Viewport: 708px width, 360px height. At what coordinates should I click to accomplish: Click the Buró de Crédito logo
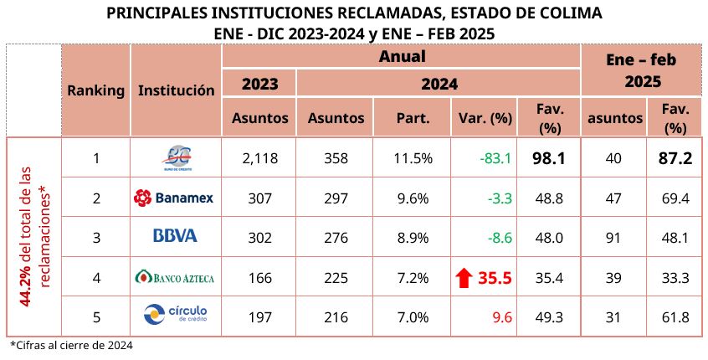[175, 157]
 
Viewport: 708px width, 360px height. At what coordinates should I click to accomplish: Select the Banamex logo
[175, 198]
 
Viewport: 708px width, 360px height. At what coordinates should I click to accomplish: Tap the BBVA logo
[175, 236]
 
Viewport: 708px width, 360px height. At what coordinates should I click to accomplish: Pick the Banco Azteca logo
[175, 275]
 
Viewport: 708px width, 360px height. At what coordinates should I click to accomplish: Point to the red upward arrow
[464, 276]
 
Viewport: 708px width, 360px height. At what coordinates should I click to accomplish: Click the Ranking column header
[96, 90]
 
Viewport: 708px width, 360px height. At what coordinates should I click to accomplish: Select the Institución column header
[176, 90]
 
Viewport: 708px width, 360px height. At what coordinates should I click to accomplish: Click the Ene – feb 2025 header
[640, 70]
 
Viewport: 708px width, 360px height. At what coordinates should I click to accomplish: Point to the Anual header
[402, 57]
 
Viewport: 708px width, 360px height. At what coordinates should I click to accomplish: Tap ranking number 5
[96, 316]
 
